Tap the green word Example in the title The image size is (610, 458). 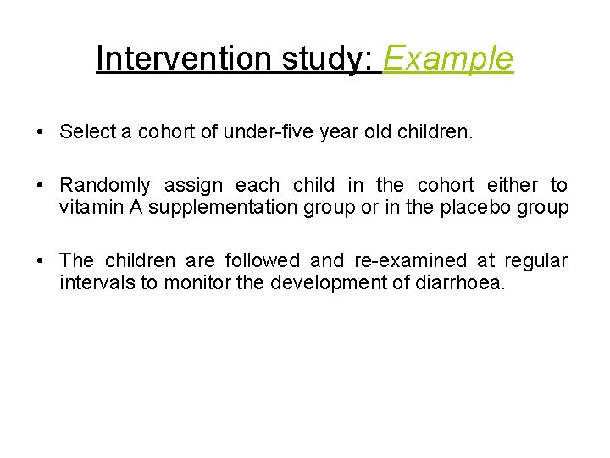(x=449, y=59)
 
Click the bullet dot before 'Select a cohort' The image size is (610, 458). (x=41, y=132)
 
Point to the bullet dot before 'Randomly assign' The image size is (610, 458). (x=41, y=186)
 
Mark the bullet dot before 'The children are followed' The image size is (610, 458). (x=41, y=261)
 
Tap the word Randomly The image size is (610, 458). (x=105, y=185)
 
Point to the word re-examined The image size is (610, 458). (x=412, y=260)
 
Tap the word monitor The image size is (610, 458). (x=195, y=282)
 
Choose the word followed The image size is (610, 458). (x=263, y=260)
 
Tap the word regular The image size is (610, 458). (x=538, y=260)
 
